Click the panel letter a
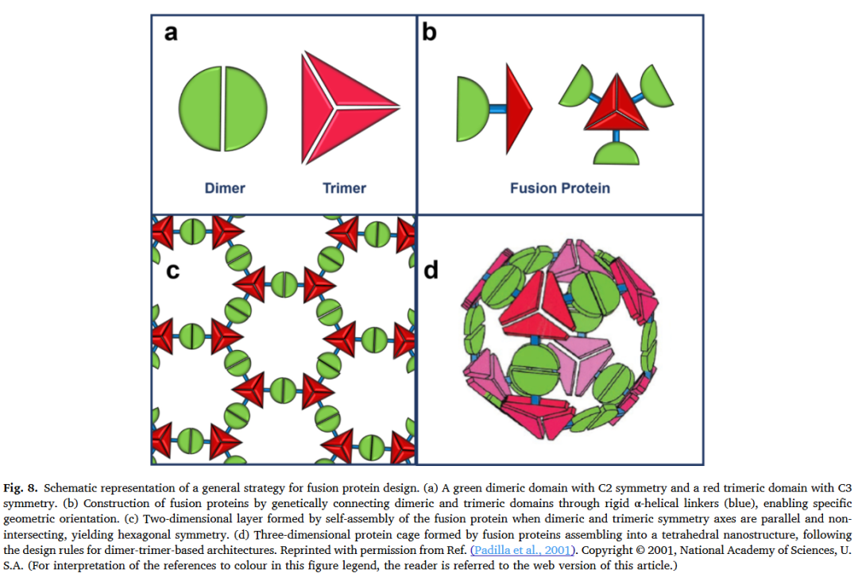point(169,34)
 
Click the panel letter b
point(430,34)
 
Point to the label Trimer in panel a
point(344,188)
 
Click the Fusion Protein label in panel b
point(559,188)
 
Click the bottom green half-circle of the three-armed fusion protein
point(613,152)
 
